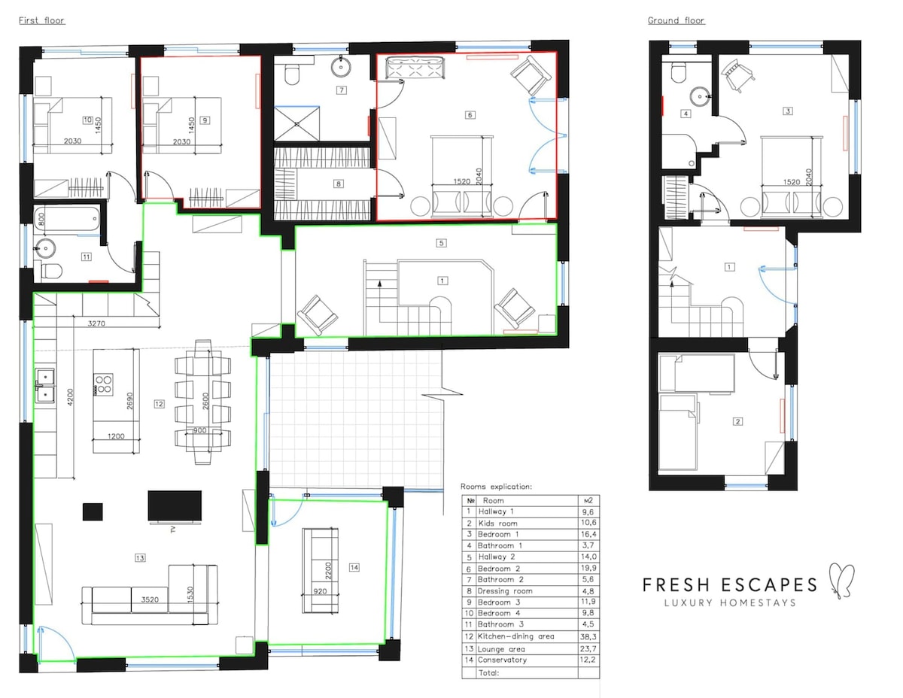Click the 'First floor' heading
(42, 20)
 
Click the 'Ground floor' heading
(676, 20)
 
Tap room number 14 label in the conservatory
(354, 567)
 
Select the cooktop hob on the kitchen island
(104, 384)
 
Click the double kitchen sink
(45, 385)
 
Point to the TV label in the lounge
(173, 529)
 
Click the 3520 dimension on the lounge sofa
(150, 599)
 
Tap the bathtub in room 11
(67, 218)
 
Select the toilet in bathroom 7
(292, 74)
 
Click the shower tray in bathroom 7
(296, 124)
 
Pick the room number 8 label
(339, 184)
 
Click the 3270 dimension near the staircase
(96, 323)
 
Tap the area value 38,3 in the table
(588, 636)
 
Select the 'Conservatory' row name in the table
(502, 660)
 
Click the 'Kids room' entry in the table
(497, 523)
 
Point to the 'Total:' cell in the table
(488, 672)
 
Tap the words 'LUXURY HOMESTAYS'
(730, 602)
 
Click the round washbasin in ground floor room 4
(700, 97)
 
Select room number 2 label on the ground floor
(737, 421)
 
